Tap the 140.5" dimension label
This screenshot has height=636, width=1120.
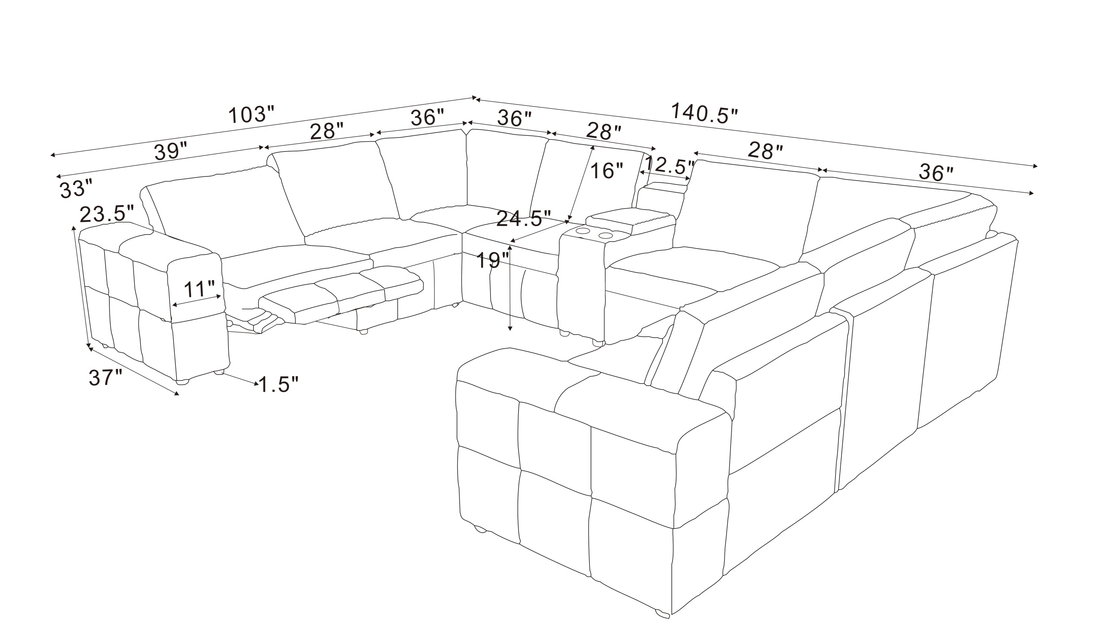704,113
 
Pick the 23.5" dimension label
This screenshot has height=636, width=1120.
107,214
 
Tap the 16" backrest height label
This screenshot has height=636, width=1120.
606,171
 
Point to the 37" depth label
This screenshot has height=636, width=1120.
105,377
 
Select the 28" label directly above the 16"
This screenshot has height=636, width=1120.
604,131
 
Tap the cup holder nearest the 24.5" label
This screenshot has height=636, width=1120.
583,231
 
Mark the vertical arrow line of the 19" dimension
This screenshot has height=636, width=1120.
509,288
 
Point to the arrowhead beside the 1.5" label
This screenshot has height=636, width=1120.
255,384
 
